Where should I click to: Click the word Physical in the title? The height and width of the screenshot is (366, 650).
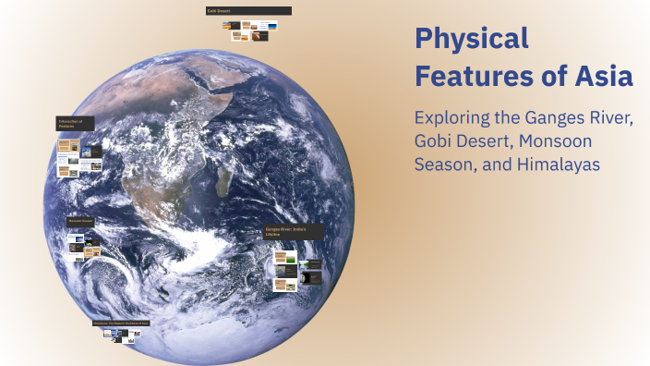coord(471,40)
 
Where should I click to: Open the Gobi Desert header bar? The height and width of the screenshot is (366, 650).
coord(248,11)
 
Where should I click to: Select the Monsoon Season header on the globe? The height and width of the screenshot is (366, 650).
coord(79,222)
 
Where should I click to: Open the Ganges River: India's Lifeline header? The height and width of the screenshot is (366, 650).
coord(295,231)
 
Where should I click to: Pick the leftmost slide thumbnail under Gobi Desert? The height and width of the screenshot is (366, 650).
coord(226,28)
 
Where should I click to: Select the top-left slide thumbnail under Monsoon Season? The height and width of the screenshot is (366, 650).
coord(74,237)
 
